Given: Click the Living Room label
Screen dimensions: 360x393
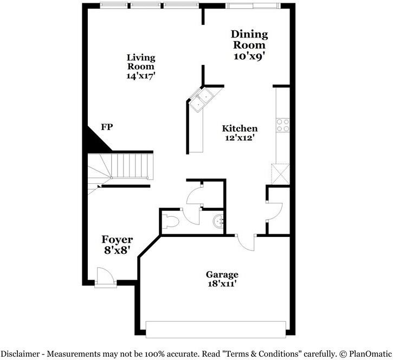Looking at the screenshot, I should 141,62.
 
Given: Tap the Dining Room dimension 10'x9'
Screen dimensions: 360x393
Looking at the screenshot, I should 250,56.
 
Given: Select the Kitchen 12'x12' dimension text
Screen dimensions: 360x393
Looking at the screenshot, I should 240,138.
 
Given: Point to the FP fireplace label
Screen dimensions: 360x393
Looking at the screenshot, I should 107,127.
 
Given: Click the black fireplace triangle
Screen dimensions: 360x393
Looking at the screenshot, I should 94,140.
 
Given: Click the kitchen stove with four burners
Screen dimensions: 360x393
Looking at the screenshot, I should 282,125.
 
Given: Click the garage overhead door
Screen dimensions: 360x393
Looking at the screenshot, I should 216,329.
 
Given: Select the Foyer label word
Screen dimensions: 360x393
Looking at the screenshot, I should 118,239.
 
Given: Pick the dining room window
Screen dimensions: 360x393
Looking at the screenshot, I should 254,6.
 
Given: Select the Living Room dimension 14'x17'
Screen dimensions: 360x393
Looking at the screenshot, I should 141,76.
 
